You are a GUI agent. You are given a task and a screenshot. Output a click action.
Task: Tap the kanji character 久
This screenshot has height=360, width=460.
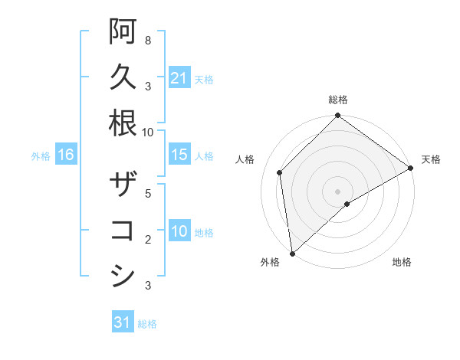point(123,77)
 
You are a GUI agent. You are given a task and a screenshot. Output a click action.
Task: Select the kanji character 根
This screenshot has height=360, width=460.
point(123,123)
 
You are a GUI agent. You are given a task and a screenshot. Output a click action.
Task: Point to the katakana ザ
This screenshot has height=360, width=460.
point(123,185)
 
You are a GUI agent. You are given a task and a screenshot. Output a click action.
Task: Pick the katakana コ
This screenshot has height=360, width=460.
point(123,231)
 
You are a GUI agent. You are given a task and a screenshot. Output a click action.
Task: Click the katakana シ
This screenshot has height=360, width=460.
point(123,277)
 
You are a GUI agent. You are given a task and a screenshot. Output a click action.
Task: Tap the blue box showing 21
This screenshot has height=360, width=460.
point(179,78)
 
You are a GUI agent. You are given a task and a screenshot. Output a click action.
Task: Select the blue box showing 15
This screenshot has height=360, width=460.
point(179,155)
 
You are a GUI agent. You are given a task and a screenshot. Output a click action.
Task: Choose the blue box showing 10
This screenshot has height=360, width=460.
point(179,231)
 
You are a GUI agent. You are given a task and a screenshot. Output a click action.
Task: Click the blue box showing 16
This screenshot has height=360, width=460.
point(65,155)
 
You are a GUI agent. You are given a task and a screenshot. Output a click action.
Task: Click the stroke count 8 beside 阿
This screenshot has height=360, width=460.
point(147,40)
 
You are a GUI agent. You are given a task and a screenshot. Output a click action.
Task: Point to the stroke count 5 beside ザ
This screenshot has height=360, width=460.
point(147,193)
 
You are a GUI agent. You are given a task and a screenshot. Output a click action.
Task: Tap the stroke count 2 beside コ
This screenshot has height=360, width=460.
point(147,240)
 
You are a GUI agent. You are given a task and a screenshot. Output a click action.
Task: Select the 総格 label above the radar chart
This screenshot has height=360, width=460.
point(338,100)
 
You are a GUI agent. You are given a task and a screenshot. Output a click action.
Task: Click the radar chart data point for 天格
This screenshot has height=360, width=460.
point(410,168)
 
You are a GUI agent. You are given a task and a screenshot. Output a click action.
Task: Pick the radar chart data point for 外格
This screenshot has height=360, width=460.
point(292,253)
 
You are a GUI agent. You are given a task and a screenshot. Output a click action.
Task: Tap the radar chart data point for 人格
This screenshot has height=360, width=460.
point(280,172)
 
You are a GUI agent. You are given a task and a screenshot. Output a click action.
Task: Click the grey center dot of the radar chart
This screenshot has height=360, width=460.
point(338,191)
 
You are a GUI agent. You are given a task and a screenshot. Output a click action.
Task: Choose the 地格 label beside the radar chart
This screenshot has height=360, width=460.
point(402,262)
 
